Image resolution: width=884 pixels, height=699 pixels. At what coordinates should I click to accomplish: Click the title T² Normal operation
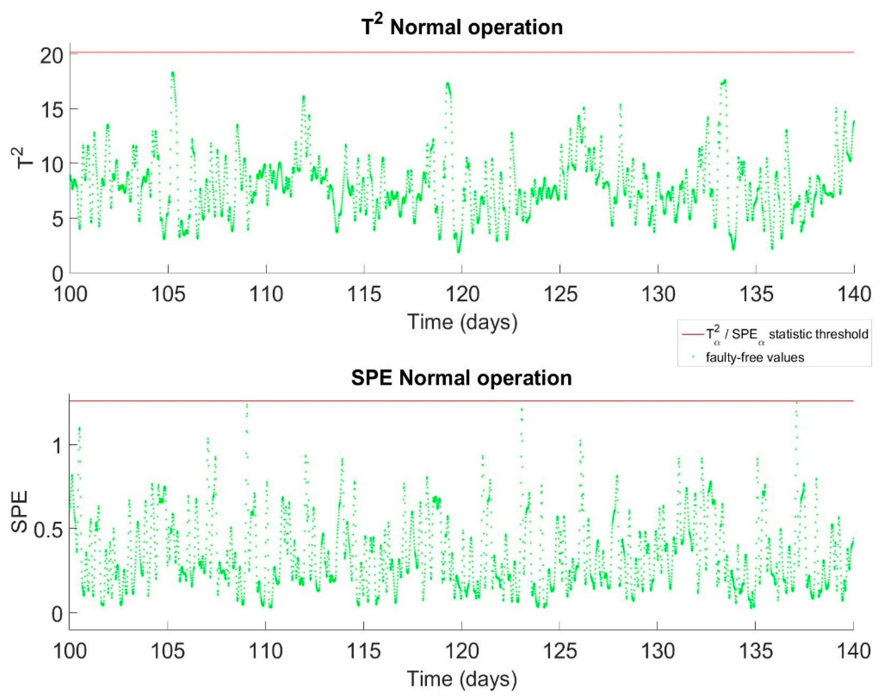tap(462, 27)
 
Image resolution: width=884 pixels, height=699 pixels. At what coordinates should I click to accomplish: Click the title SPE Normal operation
tap(461, 377)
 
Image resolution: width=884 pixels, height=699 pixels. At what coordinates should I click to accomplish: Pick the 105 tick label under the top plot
tap(168, 294)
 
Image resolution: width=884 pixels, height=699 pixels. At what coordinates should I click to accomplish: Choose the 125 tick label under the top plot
tap(560, 294)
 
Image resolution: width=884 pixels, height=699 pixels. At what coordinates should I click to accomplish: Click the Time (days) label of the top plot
tap(462, 322)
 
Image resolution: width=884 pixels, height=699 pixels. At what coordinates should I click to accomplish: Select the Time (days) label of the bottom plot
tap(461, 678)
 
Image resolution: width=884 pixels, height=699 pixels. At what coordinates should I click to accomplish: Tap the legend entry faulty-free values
tap(755, 358)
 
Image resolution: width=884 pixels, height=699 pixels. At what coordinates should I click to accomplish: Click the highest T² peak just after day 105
tap(173, 74)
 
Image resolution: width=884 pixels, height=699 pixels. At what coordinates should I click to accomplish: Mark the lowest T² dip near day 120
tap(459, 251)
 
